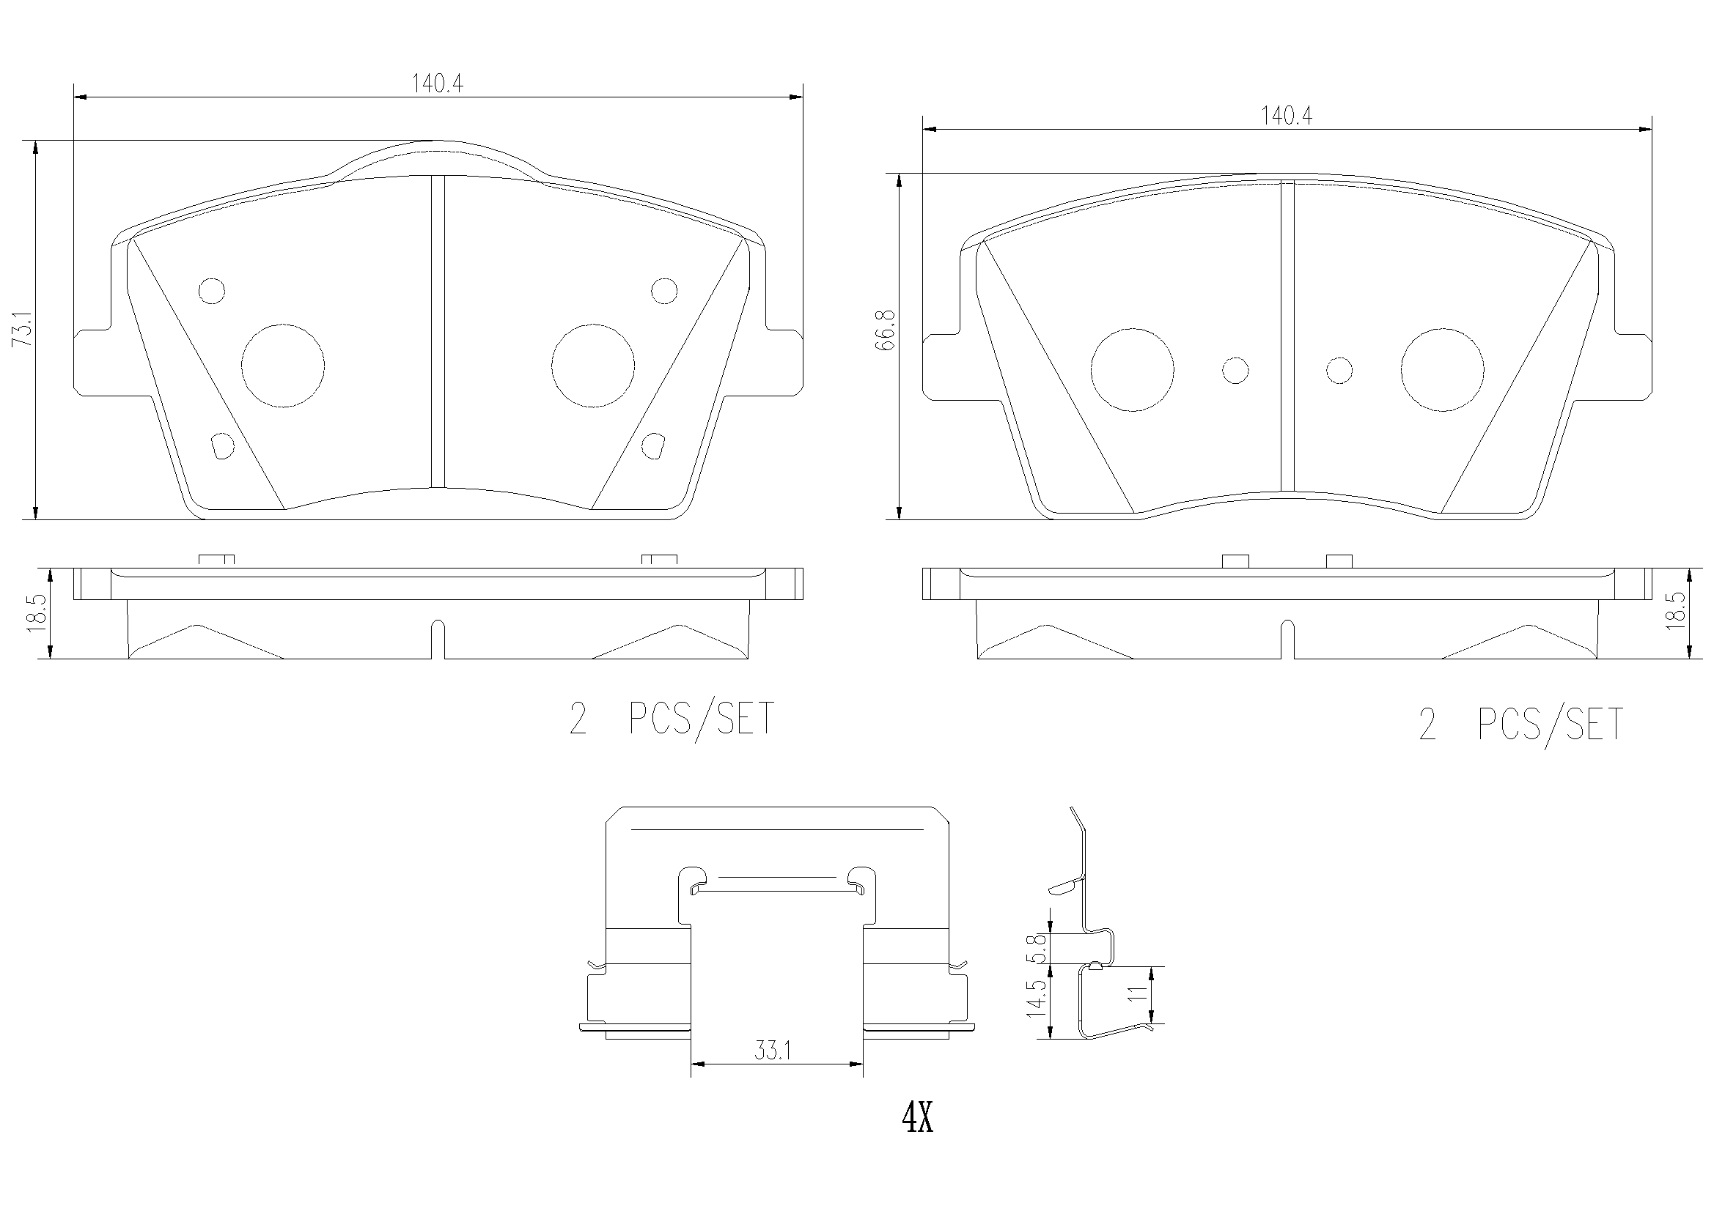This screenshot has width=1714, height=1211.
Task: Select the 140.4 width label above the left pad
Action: coord(438,84)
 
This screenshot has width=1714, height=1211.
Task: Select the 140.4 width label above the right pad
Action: coord(1287,116)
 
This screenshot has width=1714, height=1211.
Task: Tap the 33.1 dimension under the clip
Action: coord(772,1051)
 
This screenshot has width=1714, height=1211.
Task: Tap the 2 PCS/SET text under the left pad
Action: coord(672,719)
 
